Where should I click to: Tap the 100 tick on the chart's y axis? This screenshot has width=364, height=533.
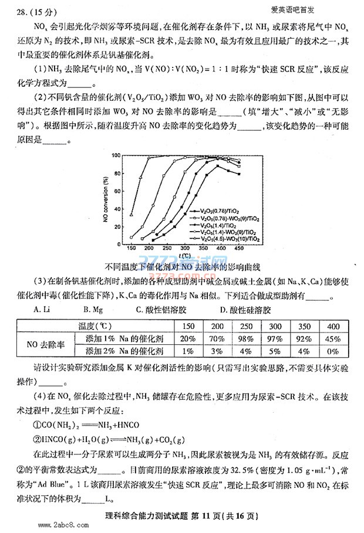point(116,156)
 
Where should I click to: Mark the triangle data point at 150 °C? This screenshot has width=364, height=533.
point(132,215)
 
